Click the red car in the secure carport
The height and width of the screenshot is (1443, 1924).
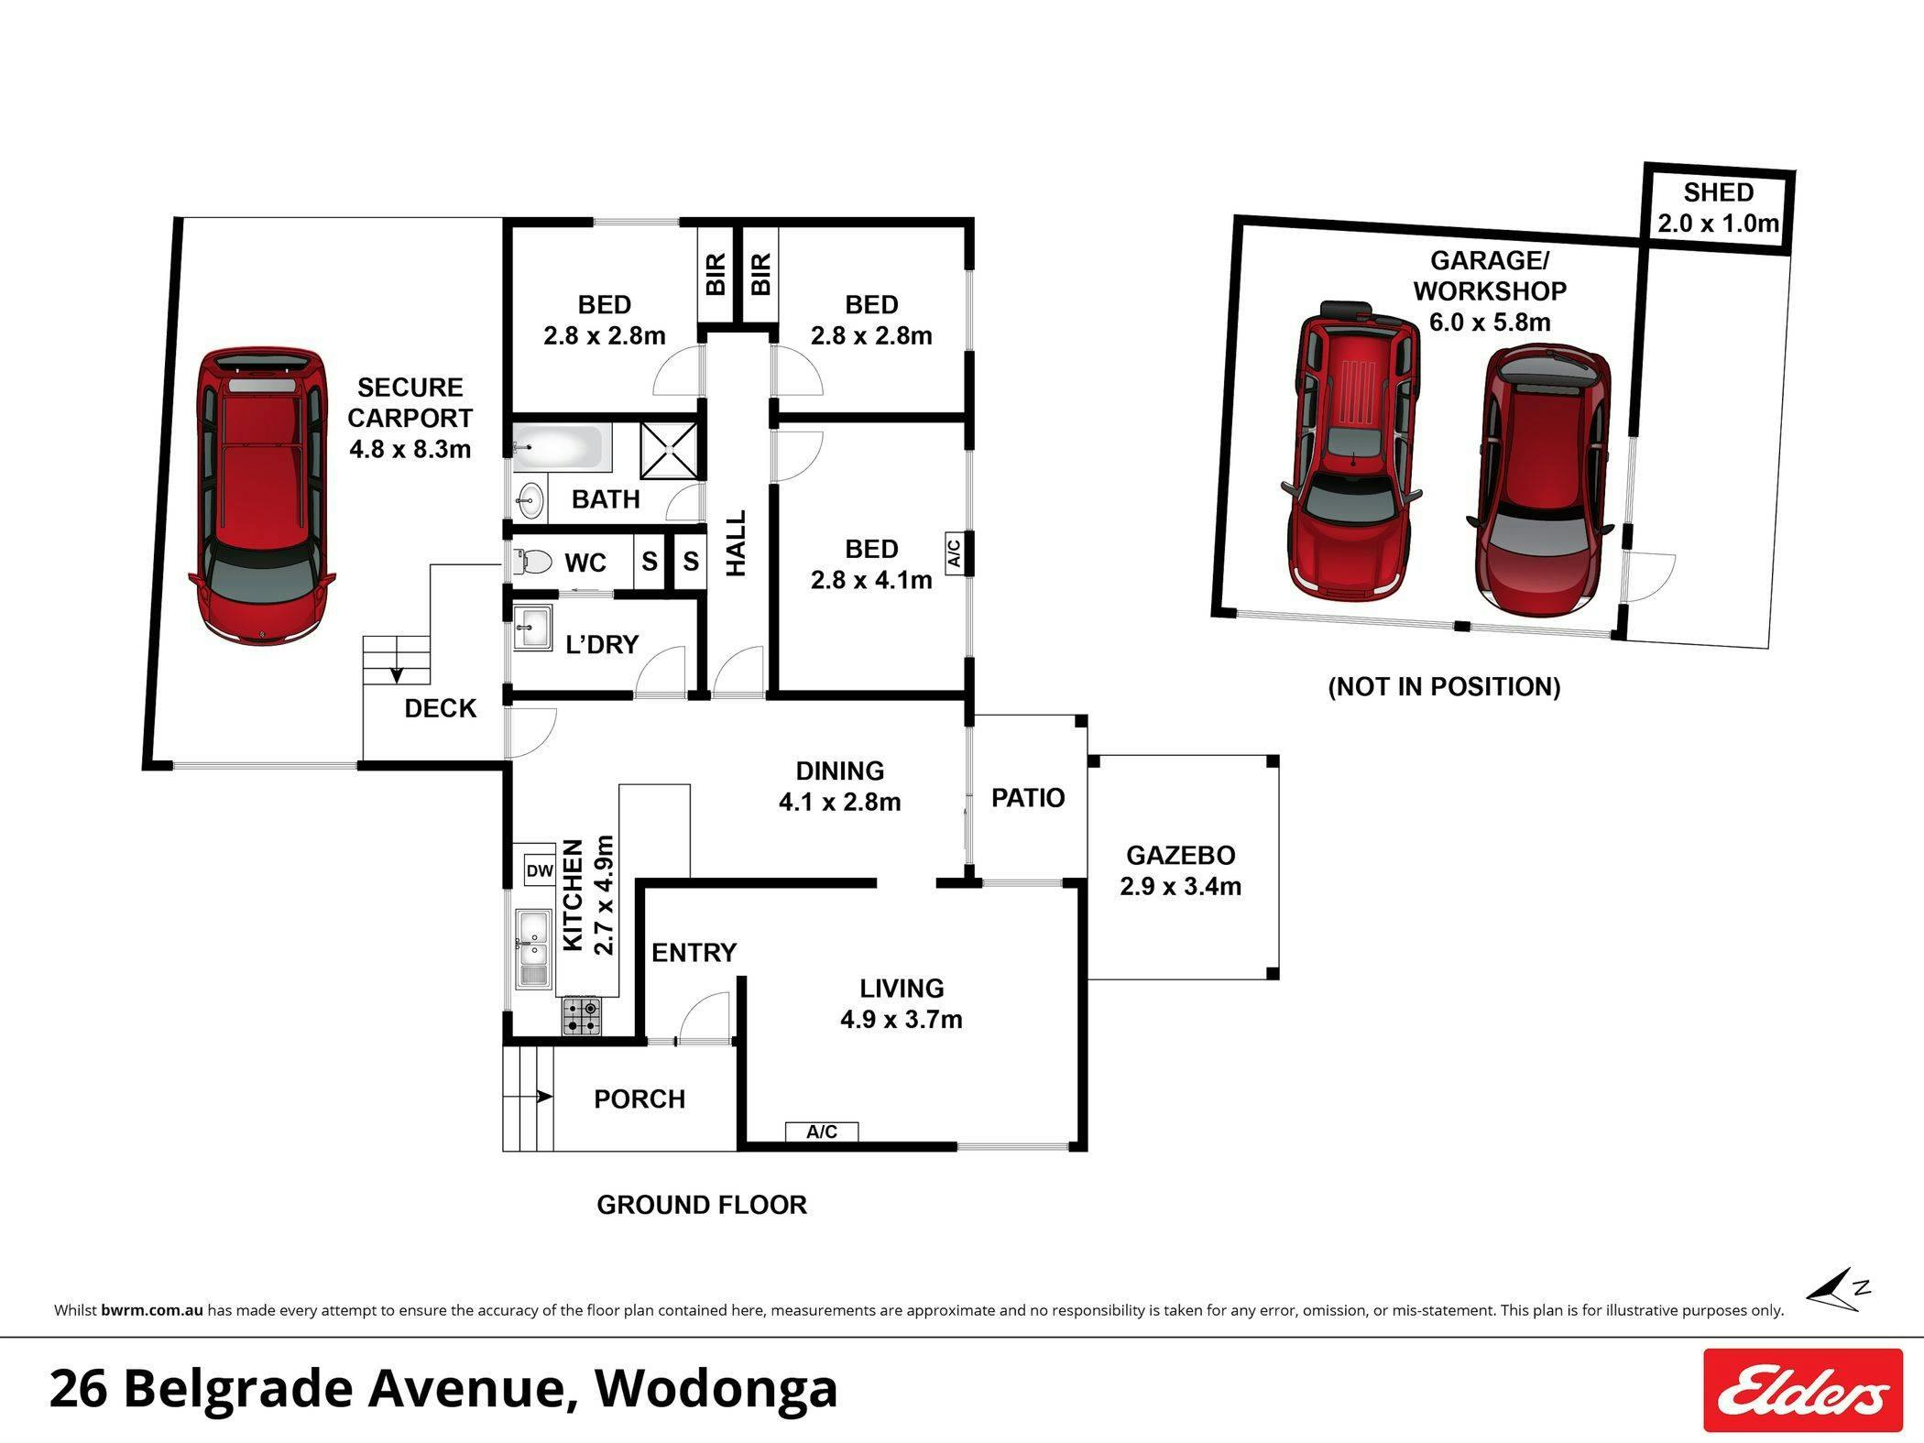point(262,495)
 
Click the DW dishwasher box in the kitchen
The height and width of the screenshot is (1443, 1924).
point(540,870)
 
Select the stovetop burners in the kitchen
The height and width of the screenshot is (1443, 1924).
point(582,1016)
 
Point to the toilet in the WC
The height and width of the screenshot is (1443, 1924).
point(530,561)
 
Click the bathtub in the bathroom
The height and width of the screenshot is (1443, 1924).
point(561,447)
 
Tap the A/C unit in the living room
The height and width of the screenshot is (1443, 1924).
point(822,1131)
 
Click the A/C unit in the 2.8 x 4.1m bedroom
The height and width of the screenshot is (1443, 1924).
point(953,552)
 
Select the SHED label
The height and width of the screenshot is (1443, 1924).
point(1718,192)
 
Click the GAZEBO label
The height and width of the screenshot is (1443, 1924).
point(1180,855)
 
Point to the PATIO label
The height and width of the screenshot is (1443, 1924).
point(1028,798)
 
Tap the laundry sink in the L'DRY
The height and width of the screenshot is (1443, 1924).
point(532,628)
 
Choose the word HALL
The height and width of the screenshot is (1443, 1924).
point(736,543)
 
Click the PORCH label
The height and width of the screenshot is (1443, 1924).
point(640,1099)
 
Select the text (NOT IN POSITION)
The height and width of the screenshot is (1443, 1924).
point(1444,687)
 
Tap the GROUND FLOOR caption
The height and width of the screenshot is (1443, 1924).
point(702,1205)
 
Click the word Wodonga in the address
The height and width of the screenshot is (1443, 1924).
point(716,1388)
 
